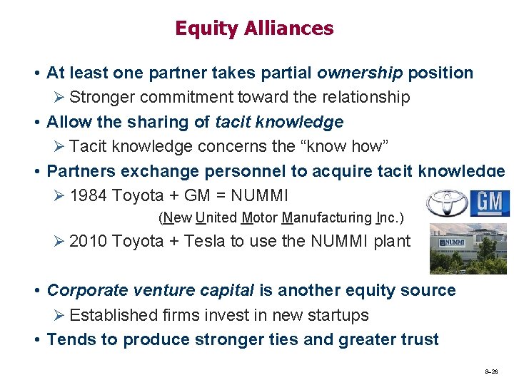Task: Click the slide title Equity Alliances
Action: coord(254,29)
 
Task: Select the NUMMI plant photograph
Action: coord(468,248)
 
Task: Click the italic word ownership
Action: coord(359,73)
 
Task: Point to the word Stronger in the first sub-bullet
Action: coord(104,97)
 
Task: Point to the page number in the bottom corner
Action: coord(491,372)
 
